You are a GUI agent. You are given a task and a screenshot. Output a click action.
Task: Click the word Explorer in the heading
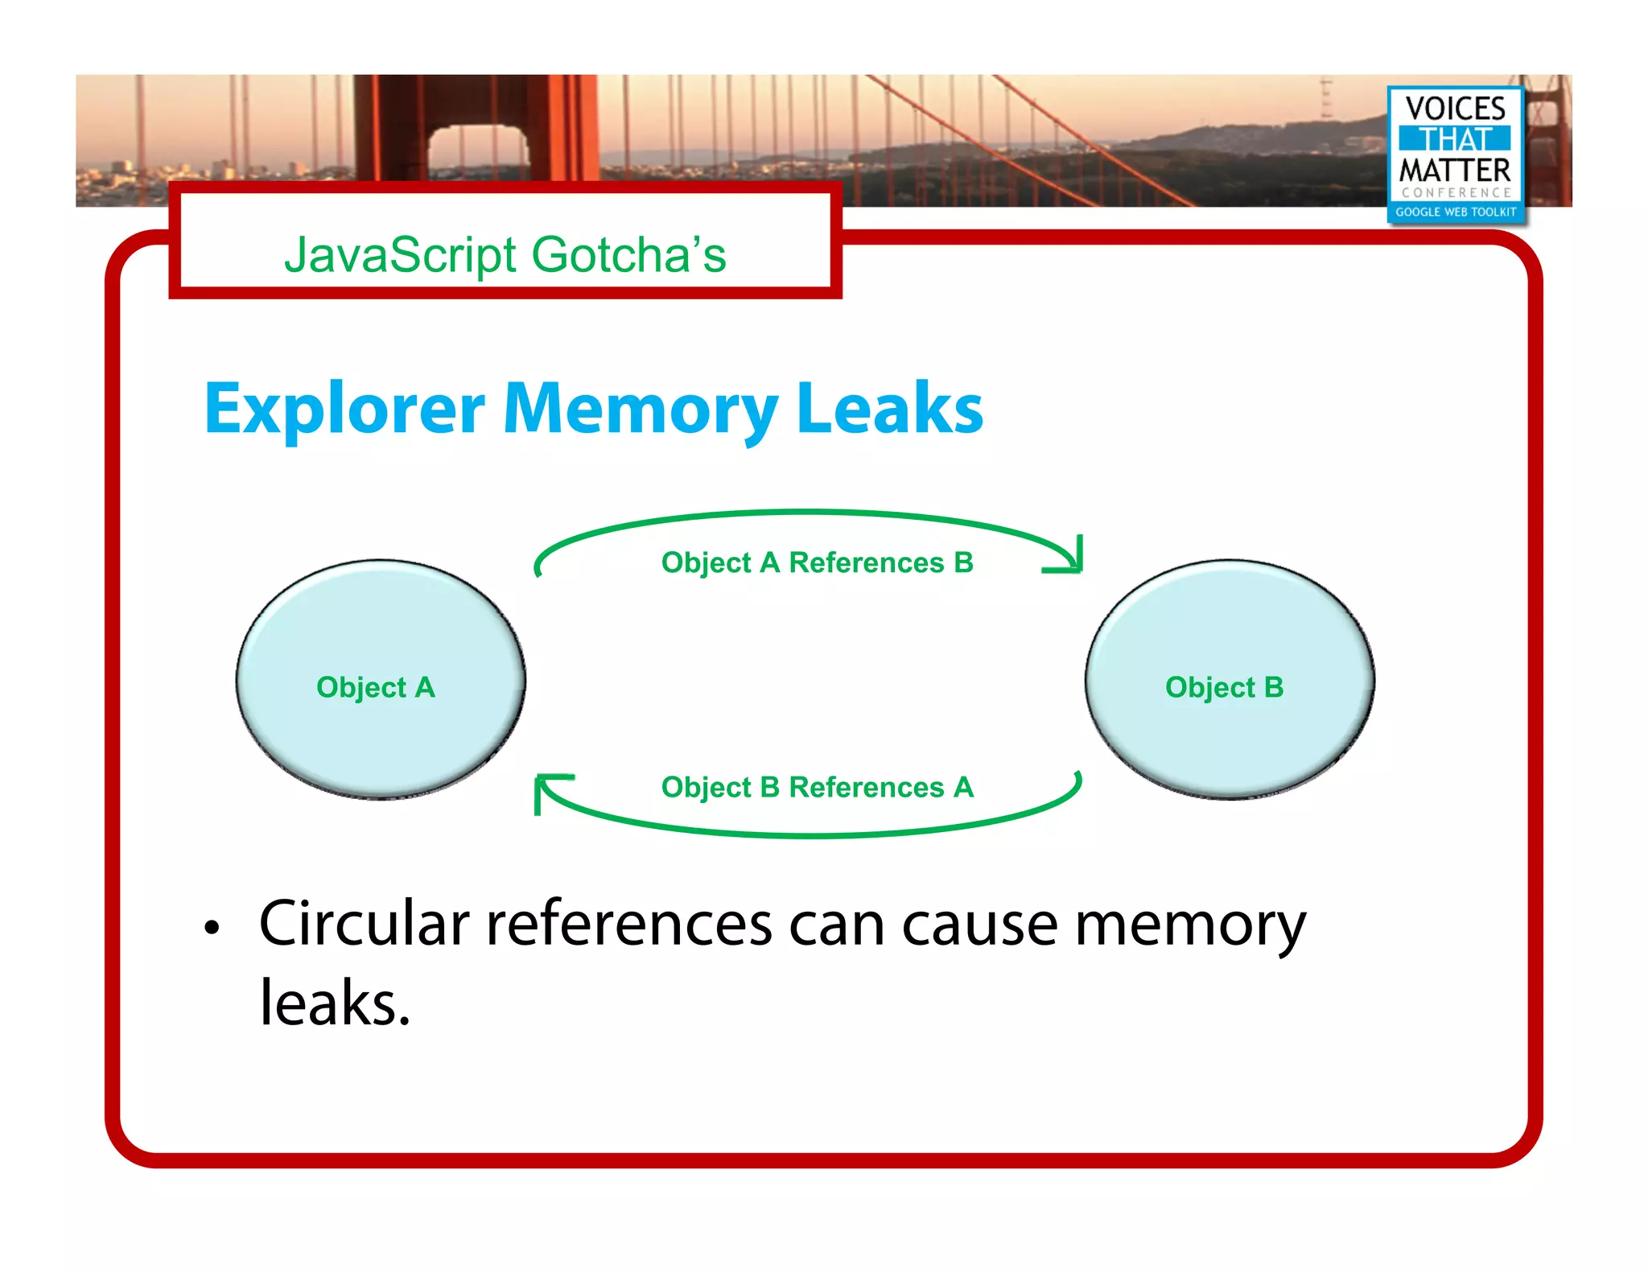pyautogui.click(x=344, y=409)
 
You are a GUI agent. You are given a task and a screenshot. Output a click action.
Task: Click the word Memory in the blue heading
pyautogui.click(x=640, y=409)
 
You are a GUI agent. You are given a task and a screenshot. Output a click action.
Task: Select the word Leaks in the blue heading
pyautogui.click(x=889, y=409)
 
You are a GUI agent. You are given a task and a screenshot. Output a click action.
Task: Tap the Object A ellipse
pyautogui.click(x=380, y=680)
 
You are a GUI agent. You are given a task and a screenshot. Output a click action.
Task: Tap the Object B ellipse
pyautogui.click(x=1229, y=680)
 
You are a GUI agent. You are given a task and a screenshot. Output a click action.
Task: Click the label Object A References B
pyautogui.click(x=817, y=562)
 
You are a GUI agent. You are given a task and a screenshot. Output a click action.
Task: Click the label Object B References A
pyautogui.click(x=817, y=787)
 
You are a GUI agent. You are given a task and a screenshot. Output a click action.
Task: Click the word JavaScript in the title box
pyautogui.click(x=400, y=255)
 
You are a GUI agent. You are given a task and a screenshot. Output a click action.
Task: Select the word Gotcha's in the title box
pyautogui.click(x=628, y=255)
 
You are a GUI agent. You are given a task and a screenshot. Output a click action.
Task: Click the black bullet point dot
pyautogui.click(x=212, y=928)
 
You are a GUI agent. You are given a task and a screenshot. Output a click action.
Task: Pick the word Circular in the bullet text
pyautogui.click(x=364, y=924)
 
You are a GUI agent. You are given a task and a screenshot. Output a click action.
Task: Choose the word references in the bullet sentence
pyautogui.click(x=628, y=924)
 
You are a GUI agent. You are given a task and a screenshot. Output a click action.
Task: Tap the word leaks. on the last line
pyautogui.click(x=335, y=1003)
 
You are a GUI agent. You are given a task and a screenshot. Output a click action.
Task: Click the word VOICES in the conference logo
pyautogui.click(x=1455, y=109)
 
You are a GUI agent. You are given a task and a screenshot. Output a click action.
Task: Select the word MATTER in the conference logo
pyautogui.click(x=1455, y=171)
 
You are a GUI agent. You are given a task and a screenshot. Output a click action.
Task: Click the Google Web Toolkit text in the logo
pyautogui.click(x=1455, y=212)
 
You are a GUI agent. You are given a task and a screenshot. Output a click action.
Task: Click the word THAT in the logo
pyautogui.click(x=1455, y=139)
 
